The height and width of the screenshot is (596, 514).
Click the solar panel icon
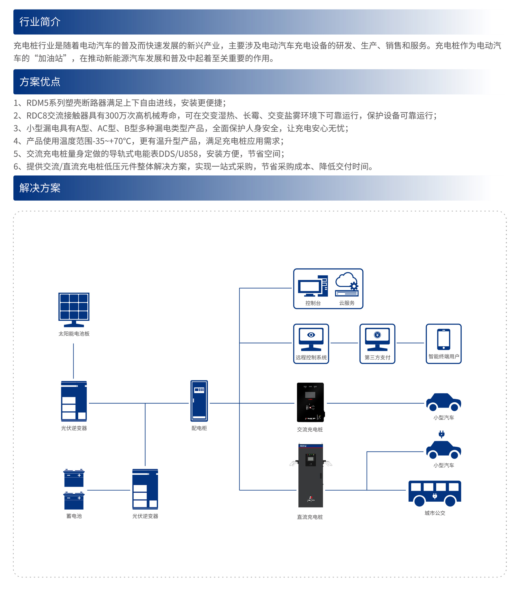74,309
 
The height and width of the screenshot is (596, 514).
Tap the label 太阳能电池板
74,333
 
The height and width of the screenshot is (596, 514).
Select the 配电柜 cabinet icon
199,400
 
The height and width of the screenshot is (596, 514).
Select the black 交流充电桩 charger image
310,402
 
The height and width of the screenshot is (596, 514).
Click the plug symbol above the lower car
441,434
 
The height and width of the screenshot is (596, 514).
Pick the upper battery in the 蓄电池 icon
74,478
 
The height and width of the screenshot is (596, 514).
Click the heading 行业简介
40,22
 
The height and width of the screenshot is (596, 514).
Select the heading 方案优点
40,82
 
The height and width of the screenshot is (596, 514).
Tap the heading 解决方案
40,188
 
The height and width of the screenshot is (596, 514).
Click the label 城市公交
434,513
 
